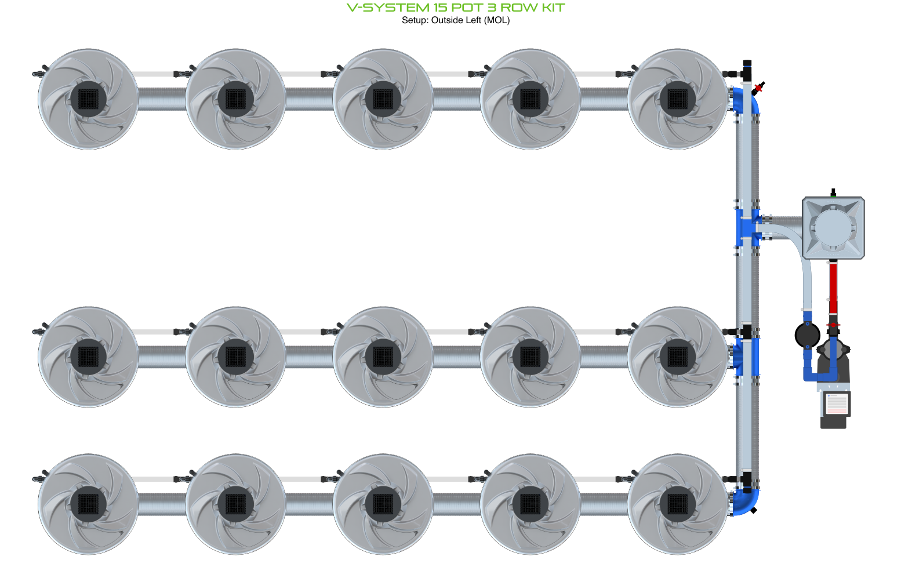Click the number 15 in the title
pos(441,8)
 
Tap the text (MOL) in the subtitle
pos(497,20)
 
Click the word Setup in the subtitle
pos(415,20)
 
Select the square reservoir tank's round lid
pos(833,227)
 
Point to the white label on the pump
pos(836,404)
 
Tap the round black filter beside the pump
pos(807,336)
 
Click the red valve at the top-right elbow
pos(758,88)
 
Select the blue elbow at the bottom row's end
pos(745,502)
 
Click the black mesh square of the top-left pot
pos(88,99)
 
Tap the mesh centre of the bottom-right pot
pos(678,504)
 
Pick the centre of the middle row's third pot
pos(383,357)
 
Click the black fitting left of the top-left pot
pos(39,72)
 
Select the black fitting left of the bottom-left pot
pos(39,478)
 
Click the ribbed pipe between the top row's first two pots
pos(162,99)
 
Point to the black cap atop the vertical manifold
pos(747,63)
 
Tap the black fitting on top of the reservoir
pos(833,193)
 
